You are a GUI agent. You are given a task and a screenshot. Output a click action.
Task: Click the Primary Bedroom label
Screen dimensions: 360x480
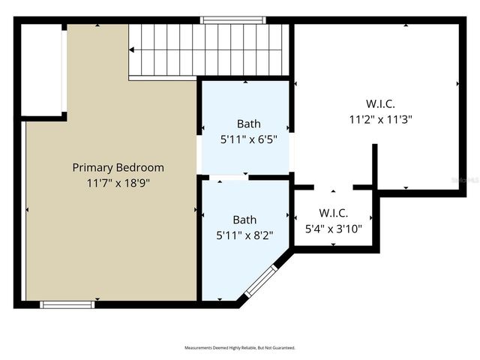(x=118, y=167)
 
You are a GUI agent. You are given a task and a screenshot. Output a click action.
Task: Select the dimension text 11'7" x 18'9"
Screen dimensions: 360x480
(x=118, y=182)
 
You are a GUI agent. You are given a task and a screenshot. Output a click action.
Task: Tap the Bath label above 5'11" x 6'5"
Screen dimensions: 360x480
(x=249, y=124)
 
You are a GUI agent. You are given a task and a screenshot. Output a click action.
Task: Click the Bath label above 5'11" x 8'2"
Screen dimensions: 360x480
(x=244, y=220)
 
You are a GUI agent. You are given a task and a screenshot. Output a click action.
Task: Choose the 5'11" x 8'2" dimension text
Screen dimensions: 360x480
(x=244, y=235)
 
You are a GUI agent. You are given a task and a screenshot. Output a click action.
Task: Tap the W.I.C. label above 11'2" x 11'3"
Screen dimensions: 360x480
(x=380, y=103)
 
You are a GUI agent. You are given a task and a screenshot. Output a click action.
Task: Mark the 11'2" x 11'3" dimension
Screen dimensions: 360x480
(x=380, y=118)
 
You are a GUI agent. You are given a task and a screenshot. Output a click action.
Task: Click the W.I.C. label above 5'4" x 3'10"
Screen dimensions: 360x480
(x=333, y=213)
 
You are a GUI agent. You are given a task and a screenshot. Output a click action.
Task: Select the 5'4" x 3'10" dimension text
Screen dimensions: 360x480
(x=333, y=229)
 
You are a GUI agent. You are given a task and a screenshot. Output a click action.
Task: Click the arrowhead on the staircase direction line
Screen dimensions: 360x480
(x=132, y=49)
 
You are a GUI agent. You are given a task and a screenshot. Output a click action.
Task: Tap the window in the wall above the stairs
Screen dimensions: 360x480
(x=223, y=20)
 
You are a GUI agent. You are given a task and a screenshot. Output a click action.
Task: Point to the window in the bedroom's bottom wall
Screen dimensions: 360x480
(x=67, y=304)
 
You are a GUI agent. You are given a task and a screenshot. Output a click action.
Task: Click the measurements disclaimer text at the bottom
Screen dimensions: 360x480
(x=240, y=348)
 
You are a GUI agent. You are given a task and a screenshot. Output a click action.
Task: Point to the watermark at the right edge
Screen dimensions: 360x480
(x=469, y=181)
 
